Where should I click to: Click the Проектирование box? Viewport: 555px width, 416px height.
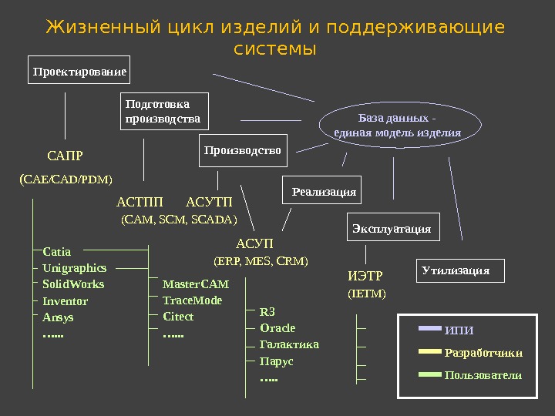[79, 70]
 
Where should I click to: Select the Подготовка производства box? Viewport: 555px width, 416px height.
[165, 111]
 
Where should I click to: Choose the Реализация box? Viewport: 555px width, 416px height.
[324, 190]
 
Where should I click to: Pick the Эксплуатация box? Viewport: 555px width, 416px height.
[392, 228]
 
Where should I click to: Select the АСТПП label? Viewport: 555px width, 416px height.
[140, 203]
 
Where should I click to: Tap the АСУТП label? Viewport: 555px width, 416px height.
[209, 203]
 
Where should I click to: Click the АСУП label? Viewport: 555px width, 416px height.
[249, 245]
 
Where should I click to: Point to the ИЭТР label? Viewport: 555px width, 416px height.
[365, 276]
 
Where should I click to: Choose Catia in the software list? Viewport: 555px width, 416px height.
[57, 251]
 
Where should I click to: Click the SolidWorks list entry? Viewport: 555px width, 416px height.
[73, 284]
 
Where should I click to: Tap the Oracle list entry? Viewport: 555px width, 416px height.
[277, 328]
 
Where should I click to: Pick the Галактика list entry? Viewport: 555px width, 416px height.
[289, 344]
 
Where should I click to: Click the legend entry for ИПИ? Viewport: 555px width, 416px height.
[459, 330]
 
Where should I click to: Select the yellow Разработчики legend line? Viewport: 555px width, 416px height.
[429, 352]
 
